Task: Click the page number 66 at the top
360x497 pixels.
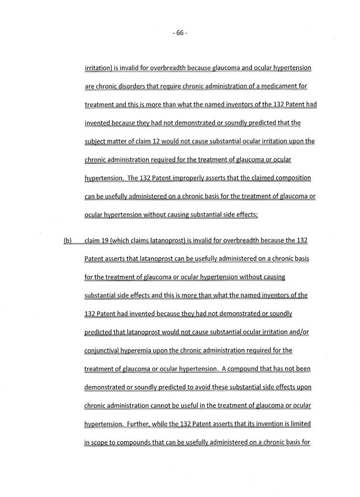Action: [180, 33]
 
